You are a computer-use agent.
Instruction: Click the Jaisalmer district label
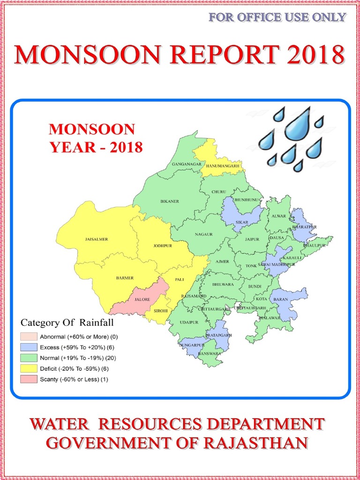97,240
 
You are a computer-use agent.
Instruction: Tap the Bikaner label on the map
170,202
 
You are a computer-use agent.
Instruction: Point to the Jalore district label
142,299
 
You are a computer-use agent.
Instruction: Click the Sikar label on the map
242,222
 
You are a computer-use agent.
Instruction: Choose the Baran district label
280,299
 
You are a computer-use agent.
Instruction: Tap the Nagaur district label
204,234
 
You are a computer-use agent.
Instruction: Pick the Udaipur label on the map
189,322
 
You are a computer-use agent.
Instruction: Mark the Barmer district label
125,278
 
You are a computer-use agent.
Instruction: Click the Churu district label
218,192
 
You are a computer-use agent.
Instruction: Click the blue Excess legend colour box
29,347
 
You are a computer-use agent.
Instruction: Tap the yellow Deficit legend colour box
29,369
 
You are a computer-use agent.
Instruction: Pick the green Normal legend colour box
29,358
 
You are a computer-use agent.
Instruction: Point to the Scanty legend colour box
29,379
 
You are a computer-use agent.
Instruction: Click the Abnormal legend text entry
79,337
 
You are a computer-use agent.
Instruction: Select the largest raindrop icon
298,124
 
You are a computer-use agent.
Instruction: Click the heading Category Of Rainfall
67,322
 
